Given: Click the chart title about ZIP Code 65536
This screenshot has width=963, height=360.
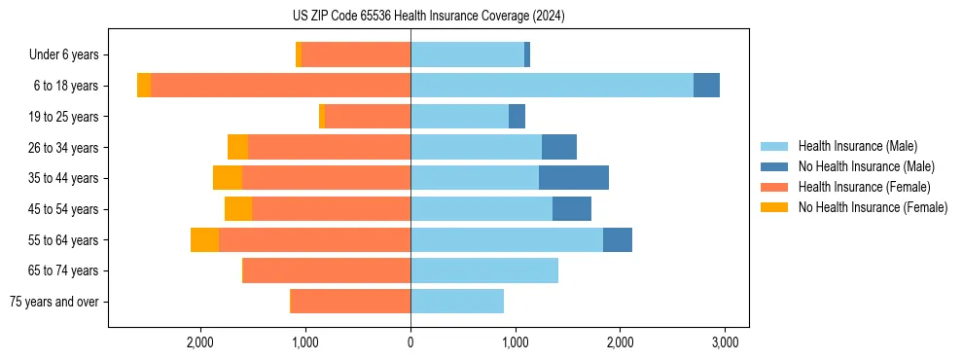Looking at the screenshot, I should (428, 17).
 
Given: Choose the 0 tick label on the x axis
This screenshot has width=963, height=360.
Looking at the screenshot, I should (410, 343).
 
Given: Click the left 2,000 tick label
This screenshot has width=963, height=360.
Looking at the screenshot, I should (200, 343).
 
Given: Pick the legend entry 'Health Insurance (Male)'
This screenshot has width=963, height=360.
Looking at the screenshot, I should (857, 146).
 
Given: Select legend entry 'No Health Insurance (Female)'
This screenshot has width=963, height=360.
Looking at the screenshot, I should (873, 207).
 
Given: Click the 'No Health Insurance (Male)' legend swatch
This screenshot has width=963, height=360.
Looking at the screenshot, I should (774, 166).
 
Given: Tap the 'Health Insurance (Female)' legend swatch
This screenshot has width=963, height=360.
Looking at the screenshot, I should (774, 187).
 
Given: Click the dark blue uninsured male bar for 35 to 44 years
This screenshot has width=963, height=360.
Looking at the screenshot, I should (574, 178).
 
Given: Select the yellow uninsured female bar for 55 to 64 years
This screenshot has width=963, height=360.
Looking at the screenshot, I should (204, 239).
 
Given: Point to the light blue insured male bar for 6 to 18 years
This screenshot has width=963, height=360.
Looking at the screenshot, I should (552, 86).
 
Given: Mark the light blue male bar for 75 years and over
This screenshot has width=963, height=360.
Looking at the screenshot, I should (457, 302).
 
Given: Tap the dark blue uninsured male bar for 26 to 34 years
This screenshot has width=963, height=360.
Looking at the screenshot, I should (559, 147).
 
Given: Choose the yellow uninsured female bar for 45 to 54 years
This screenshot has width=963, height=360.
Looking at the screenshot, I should (238, 209).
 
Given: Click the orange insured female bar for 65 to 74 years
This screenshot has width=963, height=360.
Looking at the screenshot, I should (327, 270).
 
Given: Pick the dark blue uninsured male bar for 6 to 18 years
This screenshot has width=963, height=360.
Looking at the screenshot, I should (706, 86).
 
